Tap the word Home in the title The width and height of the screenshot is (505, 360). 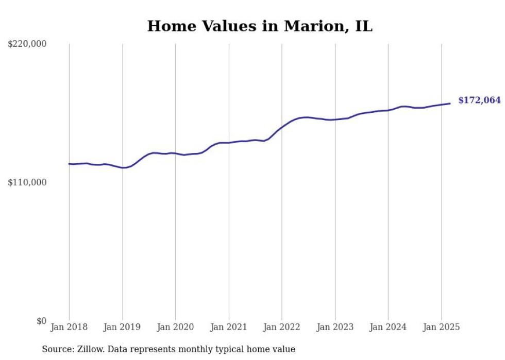pyautogui.click(x=172, y=26)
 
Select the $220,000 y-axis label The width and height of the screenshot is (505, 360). pyautogui.click(x=27, y=44)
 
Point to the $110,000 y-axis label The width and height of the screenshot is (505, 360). pyautogui.click(x=27, y=183)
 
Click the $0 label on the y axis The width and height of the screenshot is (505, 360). pyautogui.click(x=42, y=321)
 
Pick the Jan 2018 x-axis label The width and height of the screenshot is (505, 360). pyautogui.click(x=69, y=327)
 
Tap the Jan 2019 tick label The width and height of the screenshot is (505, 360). pyautogui.click(x=122, y=327)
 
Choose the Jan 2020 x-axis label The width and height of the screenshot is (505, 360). pyautogui.click(x=175, y=327)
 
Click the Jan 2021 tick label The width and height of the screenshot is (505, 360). pyautogui.click(x=229, y=327)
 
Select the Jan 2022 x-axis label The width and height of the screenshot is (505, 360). pyautogui.click(x=282, y=327)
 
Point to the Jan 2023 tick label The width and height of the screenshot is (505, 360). pyautogui.click(x=335, y=327)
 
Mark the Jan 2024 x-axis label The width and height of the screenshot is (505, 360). pyautogui.click(x=388, y=327)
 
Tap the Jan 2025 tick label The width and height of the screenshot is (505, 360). pyautogui.click(x=441, y=327)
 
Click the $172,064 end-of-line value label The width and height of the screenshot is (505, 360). pyautogui.click(x=480, y=100)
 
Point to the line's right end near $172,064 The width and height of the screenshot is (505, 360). pyautogui.click(x=450, y=104)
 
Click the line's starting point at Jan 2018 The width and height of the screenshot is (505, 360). pyautogui.click(x=69, y=164)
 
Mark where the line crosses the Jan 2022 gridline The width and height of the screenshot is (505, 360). pyautogui.click(x=282, y=127)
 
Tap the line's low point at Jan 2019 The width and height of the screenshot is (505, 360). pyautogui.click(x=123, y=167)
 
